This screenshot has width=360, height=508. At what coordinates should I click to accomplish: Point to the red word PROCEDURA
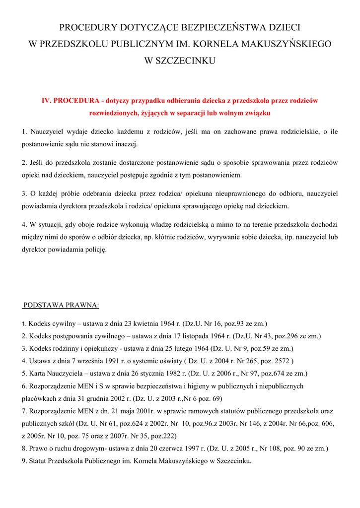pyautogui.click(x=75, y=100)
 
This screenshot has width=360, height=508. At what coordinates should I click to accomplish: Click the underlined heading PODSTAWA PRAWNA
pyautogui.click(x=61, y=305)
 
